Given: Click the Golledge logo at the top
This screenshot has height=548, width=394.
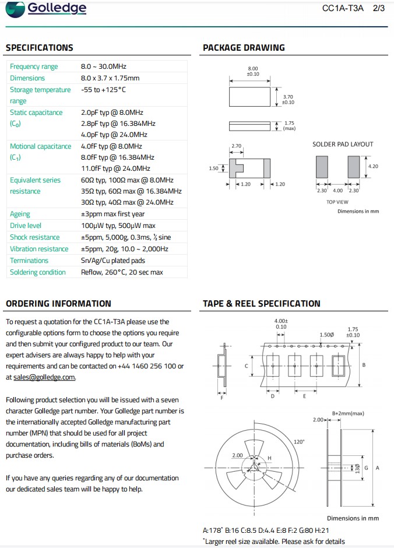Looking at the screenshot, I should click(46, 9).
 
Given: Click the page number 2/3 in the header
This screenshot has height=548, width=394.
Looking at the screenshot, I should click(379, 9).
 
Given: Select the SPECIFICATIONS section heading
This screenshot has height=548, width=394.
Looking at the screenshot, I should click(40, 48).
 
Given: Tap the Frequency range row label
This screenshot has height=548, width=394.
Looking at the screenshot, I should click(34, 66).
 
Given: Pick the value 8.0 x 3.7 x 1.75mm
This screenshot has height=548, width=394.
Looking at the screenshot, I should click(110, 78).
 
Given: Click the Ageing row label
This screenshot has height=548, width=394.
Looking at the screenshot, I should click(20, 214).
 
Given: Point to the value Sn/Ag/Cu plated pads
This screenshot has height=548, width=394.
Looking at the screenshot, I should click(113, 261).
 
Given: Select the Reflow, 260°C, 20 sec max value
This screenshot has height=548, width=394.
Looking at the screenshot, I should click(122, 272).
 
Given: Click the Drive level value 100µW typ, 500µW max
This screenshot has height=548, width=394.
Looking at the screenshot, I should click(118, 226).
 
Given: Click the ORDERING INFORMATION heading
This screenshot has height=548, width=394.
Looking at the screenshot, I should click(58, 303).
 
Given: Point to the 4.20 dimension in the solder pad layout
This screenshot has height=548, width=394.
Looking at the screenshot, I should click(373, 166).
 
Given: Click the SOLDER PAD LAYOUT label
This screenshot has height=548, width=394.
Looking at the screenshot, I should click(343, 144).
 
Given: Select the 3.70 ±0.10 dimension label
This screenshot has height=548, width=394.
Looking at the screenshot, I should click(288, 100).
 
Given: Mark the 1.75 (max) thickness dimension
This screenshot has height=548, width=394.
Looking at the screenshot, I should click(290, 125).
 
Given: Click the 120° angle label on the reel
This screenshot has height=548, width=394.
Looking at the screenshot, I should click(300, 442).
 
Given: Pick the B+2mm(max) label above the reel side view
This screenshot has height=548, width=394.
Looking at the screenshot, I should click(348, 413).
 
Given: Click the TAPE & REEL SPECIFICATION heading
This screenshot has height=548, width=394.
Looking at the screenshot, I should click(262, 303).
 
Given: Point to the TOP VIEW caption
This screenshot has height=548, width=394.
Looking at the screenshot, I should click(337, 202).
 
